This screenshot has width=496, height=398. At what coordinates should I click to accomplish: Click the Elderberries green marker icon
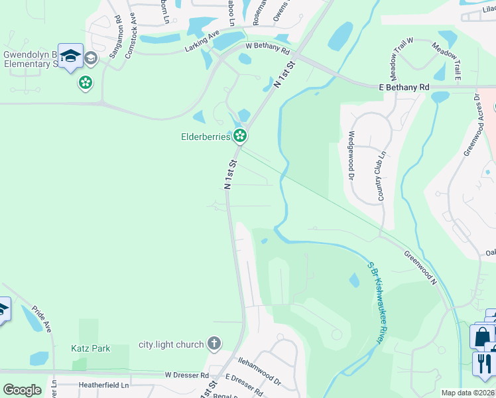point(240,137)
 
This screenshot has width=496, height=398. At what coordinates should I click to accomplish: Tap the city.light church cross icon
point(214,344)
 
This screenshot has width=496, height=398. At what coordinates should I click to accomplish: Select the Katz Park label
point(91,348)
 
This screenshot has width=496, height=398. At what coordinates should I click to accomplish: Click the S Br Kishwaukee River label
point(376,302)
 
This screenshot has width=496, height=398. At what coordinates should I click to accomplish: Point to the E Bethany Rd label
point(404,87)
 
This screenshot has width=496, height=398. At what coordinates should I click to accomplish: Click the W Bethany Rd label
point(267,48)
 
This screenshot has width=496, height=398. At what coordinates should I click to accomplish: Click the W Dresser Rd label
point(187,375)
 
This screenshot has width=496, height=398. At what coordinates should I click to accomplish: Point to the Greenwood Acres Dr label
point(473,125)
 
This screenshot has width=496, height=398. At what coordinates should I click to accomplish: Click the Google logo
point(22,390)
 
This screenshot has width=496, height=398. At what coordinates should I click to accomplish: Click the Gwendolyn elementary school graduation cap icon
point(70,56)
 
